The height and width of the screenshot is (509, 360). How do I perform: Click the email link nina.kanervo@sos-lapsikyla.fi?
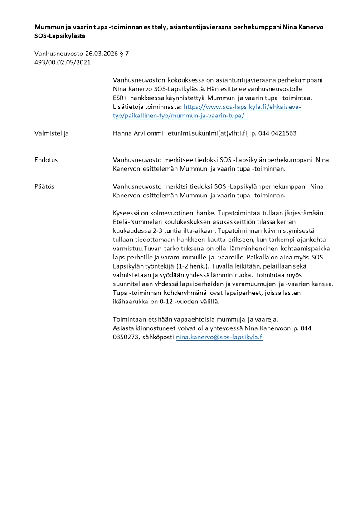[x=219, y=338]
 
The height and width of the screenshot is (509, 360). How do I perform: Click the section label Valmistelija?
[x=52, y=133]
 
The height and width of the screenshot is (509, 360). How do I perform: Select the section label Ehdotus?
[x=46, y=160]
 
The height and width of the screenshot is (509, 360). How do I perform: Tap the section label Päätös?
[x=45, y=186]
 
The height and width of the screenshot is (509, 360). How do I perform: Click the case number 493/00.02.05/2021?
[x=63, y=62]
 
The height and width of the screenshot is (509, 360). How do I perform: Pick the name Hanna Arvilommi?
[x=138, y=133]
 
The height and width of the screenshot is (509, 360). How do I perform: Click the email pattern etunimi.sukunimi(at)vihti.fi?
[x=207, y=133]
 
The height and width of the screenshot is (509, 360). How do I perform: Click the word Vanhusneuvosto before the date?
[x=58, y=54]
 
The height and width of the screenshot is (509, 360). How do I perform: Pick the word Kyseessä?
[x=127, y=213]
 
